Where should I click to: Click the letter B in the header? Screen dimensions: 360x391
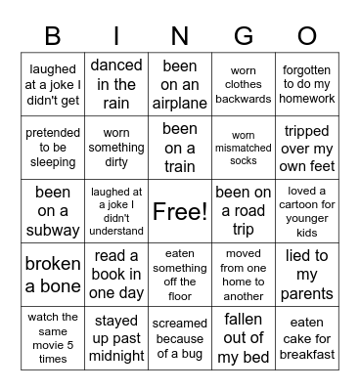(53, 36)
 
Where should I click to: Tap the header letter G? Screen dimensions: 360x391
(243, 36)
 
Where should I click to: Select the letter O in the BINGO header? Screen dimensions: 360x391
(306, 36)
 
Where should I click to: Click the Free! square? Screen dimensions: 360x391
(180, 211)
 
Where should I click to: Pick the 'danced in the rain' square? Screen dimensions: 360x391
(116, 84)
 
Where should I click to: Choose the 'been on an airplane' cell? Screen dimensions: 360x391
(180, 84)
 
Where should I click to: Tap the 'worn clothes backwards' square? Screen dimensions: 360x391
(244, 84)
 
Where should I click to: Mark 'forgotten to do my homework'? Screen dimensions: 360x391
(307, 84)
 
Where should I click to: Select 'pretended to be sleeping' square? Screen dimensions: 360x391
(53, 148)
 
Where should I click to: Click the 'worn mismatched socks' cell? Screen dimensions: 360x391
(244, 148)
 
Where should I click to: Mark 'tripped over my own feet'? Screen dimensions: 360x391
(307, 148)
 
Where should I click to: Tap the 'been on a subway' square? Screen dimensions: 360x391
(53, 211)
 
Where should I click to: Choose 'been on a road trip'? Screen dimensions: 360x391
(244, 211)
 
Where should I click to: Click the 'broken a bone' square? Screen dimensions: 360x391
(53, 275)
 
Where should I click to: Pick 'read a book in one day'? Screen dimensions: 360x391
(116, 275)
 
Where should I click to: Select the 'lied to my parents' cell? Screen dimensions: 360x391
(307, 275)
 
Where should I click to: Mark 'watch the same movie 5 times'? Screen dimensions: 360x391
(53, 338)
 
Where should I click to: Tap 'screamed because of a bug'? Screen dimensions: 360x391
(180, 338)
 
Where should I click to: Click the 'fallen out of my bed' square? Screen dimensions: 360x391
(244, 338)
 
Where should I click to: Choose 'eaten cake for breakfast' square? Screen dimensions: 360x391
(307, 338)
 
